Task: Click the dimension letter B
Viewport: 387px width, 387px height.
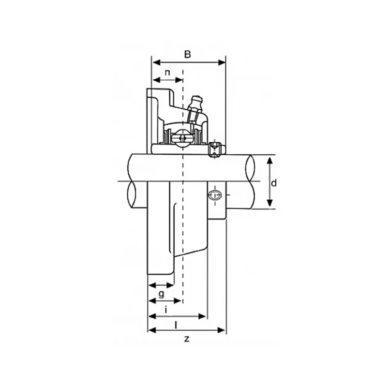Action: point(188,54)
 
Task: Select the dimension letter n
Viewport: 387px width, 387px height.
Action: point(167,73)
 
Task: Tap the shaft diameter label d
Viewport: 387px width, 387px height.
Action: point(274,183)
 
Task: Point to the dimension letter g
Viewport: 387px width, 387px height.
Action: point(161,294)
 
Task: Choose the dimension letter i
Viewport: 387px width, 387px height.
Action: point(166,309)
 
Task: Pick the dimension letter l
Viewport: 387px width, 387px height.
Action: point(176,326)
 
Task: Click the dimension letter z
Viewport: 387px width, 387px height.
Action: point(187,339)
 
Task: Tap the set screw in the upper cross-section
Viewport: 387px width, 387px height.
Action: point(214,149)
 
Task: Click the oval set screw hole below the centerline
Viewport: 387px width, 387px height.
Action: point(215,195)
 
